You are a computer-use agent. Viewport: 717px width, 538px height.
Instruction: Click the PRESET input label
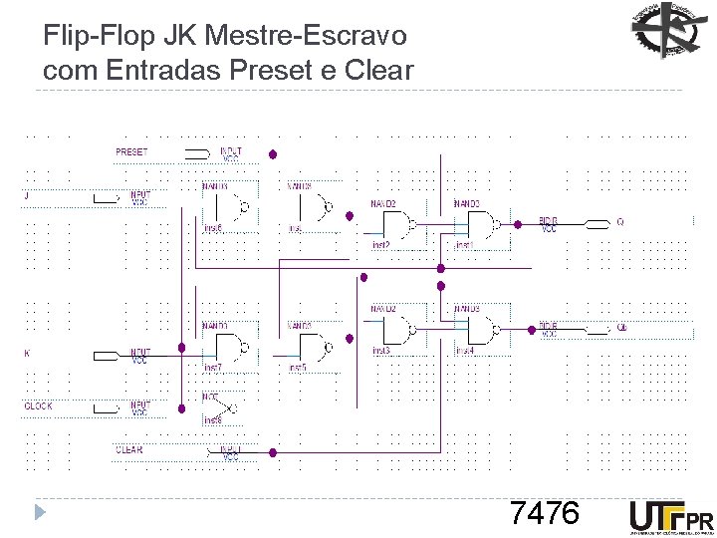coord(131,152)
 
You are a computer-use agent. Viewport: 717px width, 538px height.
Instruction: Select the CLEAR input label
coord(129,450)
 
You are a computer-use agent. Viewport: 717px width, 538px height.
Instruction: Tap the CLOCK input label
coord(39,406)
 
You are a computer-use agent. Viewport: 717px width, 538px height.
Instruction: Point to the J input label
coord(27,196)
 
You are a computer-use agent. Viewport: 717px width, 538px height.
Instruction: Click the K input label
coord(27,353)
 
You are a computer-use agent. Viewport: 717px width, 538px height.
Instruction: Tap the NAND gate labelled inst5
coord(314,348)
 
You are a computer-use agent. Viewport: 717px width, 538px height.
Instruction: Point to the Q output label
coord(619,222)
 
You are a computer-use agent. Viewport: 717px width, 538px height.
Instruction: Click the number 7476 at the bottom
coord(544,513)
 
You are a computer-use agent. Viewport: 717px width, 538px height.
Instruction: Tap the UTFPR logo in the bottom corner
coord(671,517)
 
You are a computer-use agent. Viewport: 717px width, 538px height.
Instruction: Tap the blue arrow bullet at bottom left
coord(40,514)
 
